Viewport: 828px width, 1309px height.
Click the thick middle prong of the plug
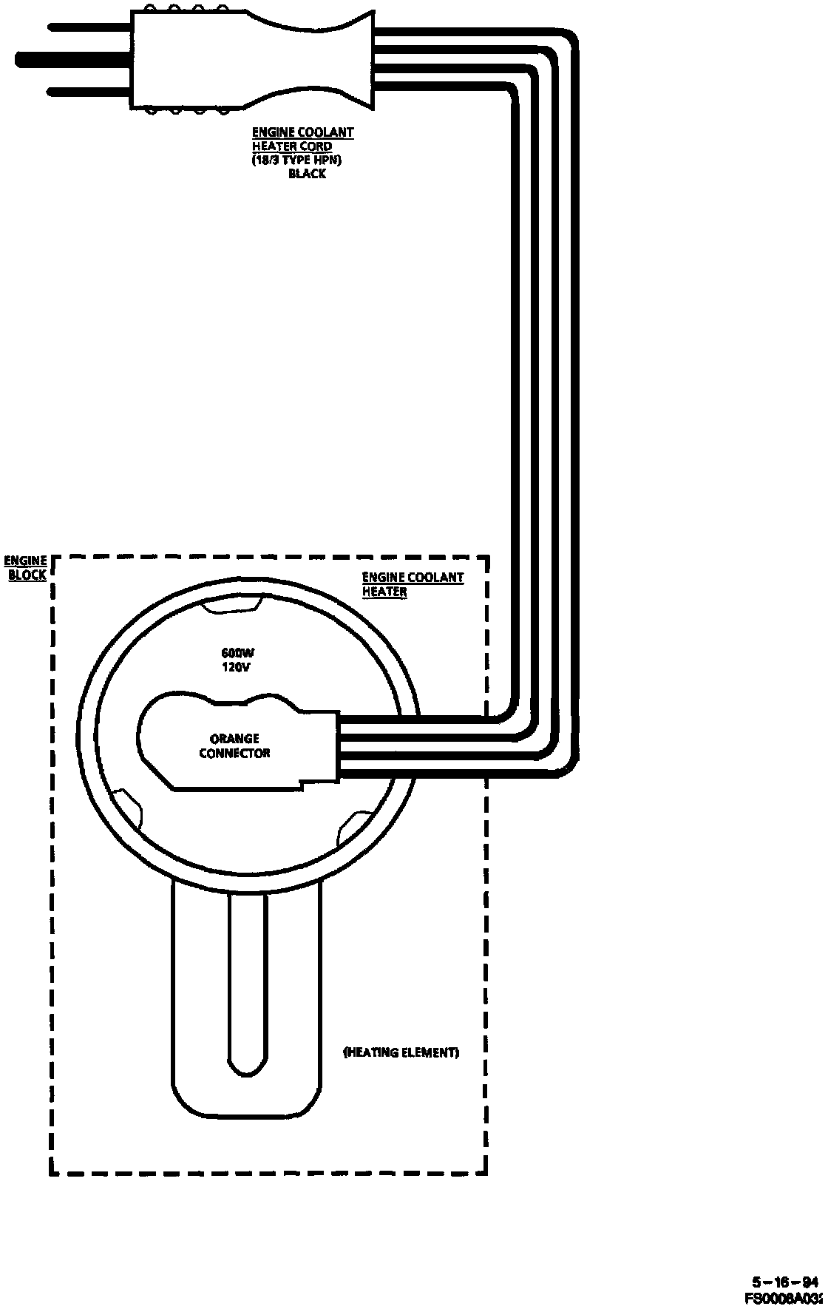(x=70, y=58)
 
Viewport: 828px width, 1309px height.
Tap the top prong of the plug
(x=89, y=27)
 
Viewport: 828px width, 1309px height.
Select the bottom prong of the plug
(x=89, y=92)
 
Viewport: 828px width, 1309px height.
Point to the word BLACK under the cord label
(x=306, y=174)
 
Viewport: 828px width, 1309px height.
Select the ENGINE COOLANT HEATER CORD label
(x=302, y=140)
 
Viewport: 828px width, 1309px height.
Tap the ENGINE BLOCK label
(x=27, y=567)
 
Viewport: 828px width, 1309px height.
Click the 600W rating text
(x=238, y=653)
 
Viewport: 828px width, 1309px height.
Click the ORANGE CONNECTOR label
(x=234, y=745)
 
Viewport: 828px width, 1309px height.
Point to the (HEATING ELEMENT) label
(x=401, y=1052)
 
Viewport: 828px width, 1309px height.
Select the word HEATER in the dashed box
(x=384, y=592)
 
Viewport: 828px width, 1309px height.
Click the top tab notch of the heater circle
(x=232, y=606)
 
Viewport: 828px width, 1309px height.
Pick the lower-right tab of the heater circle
(x=353, y=827)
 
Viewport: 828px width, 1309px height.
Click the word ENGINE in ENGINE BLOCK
(x=27, y=561)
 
